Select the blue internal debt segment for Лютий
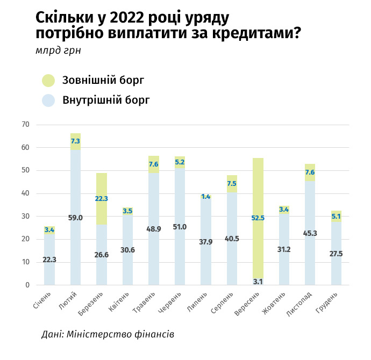pyautogui.click(x=75, y=236)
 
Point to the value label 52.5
pyautogui.click(x=258, y=218)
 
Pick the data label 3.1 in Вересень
pyautogui.click(x=258, y=281)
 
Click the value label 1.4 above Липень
pyautogui.click(x=205, y=197)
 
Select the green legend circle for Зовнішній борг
pyautogui.click(x=49, y=81)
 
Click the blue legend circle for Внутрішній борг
pyautogui.click(x=49, y=100)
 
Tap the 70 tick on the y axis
pyautogui.click(x=25, y=125)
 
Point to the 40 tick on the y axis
pyautogui.click(x=25, y=193)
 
